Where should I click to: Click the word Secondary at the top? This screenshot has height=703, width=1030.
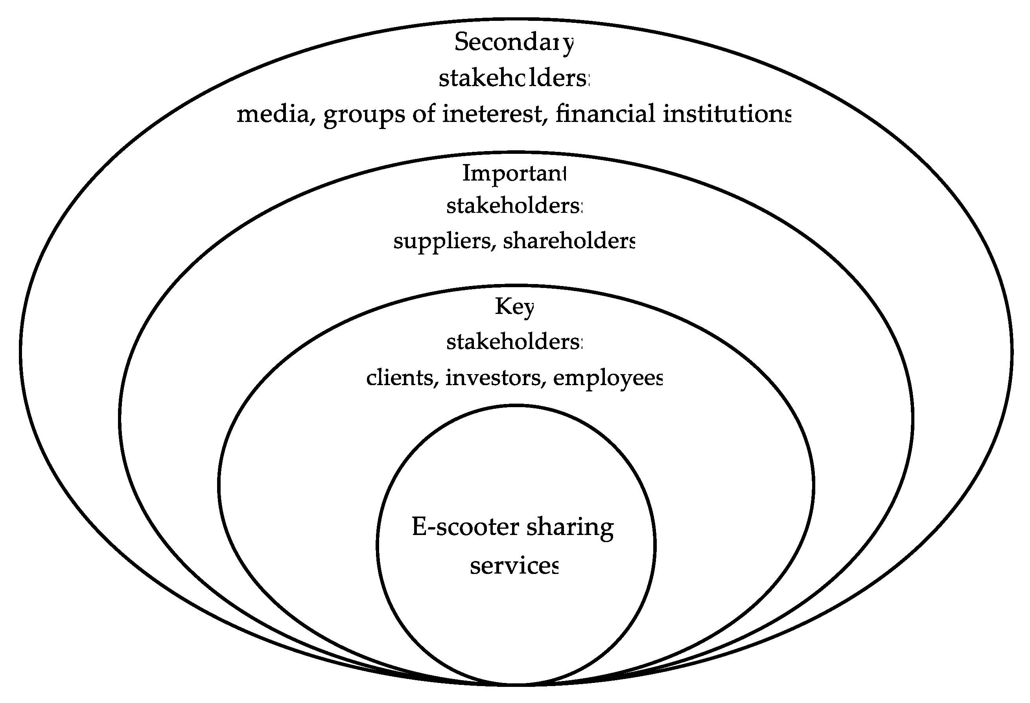[x=514, y=43]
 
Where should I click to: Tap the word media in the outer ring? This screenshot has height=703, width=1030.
[x=273, y=114]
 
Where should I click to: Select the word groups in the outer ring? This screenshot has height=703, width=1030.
[x=364, y=115]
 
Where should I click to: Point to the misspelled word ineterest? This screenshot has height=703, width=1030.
[x=492, y=114]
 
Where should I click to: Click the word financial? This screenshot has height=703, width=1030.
[x=605, y=114]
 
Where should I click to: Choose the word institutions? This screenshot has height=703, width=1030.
[x=727, y=114]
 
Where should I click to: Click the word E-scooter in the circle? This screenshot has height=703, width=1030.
[x=465, y=527]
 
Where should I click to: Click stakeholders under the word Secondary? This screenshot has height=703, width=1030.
[x=514, y=78]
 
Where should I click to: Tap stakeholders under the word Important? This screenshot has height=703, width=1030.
[x=514, y=206]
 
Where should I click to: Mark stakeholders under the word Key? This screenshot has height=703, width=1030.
[x=514, y=342]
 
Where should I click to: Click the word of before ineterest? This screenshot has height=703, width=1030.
[x=424, y=114]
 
